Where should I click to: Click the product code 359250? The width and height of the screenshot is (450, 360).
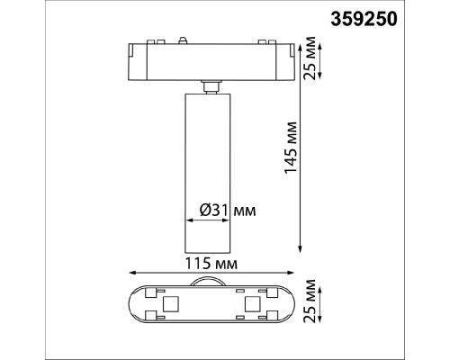pyautogui.click(x=364, y=20)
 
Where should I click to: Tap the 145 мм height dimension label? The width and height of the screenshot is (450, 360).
pyautogui.click(x=291, y=148)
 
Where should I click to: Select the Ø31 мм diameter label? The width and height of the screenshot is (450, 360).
pyautogui.click(x=228, y=211)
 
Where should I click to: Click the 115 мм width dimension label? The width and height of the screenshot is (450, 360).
pyautogui.click(x=211, y=264)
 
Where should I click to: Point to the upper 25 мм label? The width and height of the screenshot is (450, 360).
pyautogui.click(x=310, y=58)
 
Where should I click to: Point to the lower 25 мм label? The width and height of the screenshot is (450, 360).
pyautogui.click(x=310, y=301)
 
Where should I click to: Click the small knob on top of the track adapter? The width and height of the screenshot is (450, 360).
pyautogui.click(x=182, y=40)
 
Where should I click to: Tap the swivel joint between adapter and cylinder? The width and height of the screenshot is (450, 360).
pyautogui.click(x=211, y=87)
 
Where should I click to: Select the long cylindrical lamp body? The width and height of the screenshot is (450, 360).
pyautogui.click(x=208, y=173)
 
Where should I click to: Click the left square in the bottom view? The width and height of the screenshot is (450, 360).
pyautogui.click(x=171, y=304)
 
